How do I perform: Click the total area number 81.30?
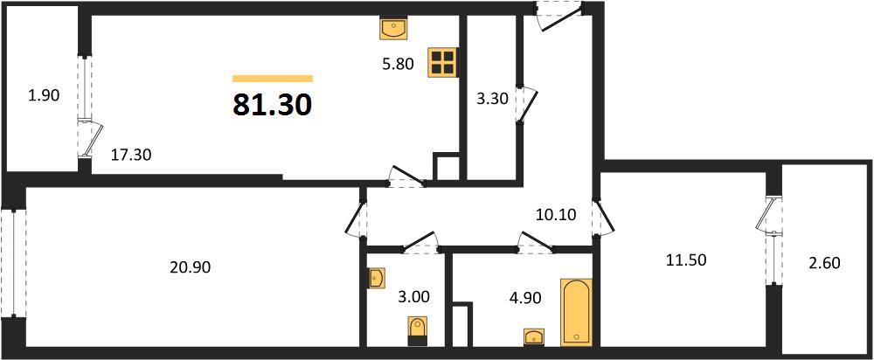tap(272, 105)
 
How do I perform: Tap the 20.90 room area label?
tap(190, 268)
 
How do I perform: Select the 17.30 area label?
tap(130, 154)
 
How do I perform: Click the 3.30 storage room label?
tap(492, 100)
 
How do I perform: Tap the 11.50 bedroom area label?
tap(686, 260)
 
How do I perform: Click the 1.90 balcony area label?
tap(44, 96)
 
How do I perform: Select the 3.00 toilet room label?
tap(413, 296)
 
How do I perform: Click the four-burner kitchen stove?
tap(442, 62)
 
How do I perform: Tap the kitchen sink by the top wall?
tap(394, 27)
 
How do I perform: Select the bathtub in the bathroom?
tap(576, 311)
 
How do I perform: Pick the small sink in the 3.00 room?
tap(376, 278)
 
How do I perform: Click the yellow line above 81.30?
tap(273, 79)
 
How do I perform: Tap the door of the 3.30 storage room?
tap(527, 104)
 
